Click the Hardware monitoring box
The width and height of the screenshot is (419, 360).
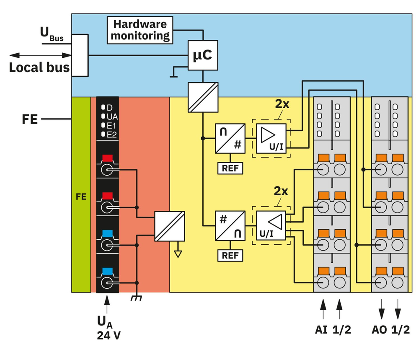pyautogui.click(x=140, y=30)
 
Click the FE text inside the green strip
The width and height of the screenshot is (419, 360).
pyautogui.click(x=81, y=196)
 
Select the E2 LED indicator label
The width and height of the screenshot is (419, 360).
pyautogui.click(x=112, y=134)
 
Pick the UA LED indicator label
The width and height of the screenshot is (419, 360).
pyautogui.click(x=112, y=116)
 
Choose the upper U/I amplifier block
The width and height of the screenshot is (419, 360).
pyautogui.click(x=271, y=138)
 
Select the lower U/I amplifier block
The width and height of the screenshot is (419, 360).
pyautogui.click(x=271, y=225)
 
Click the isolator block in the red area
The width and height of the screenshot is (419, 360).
pyautogui.click(x=170, y=226)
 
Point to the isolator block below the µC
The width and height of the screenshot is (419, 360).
pyautogui.click(x=203, y=97)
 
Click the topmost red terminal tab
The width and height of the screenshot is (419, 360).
pyautogui.click(x=108, y=158)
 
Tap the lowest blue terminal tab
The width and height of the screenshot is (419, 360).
pyautogui.click(x=108, y=271)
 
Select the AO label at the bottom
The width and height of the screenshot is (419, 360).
pyautogui.click(x=379, y=329)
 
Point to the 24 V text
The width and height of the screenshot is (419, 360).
pyautogui.click(x=108, y=335)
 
